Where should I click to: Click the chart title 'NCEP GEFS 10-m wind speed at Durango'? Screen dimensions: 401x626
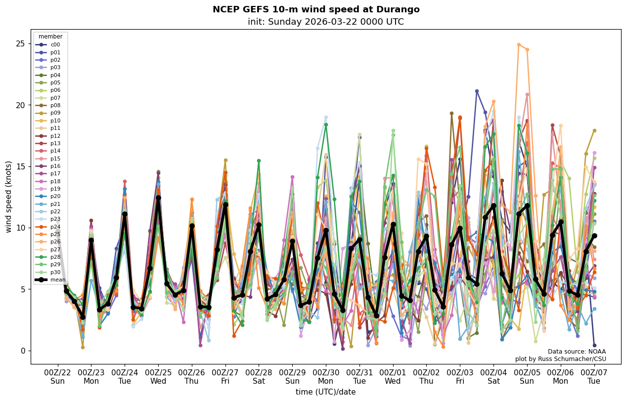click(x=316, y=10)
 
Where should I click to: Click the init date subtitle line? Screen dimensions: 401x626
click(x=326, y=22)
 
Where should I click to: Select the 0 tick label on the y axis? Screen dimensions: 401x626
click(x=22, y=351)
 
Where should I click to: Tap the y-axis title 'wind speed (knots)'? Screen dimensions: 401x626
click(x=9, y=197)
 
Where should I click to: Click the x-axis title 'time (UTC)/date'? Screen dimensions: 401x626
click(x=326, y=392)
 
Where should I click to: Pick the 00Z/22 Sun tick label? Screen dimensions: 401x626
click(x=57, y=377)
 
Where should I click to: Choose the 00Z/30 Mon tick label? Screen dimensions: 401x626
click(x=326, y=377)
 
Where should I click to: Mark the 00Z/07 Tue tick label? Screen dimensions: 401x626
click(x=594, y=377)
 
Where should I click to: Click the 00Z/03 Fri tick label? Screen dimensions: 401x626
click(x=460, y=377)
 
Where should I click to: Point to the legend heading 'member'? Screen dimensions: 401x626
click(x=50, y=37)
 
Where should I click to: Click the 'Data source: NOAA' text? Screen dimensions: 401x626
click(x=577, y=352)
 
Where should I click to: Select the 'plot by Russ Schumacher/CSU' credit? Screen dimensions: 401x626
click(x=560, y=359)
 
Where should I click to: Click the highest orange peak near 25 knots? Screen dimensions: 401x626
click(x=519, y=44)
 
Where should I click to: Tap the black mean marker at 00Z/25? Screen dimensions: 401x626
click(x=158, y=198)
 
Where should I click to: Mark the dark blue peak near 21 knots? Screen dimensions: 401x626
click(x=477, y=91)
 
